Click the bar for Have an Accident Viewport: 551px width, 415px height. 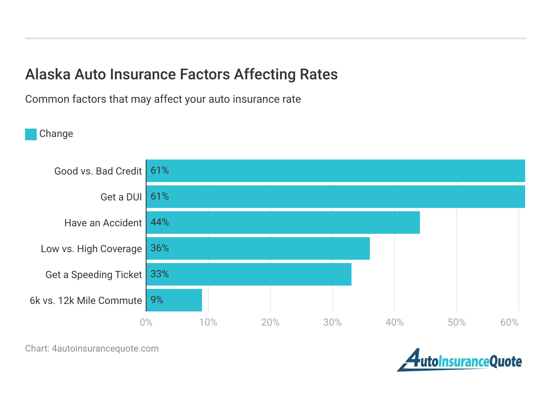[283, 223]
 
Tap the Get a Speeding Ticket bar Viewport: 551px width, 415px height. [249, 274]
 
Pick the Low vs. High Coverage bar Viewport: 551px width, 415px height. [258, 248]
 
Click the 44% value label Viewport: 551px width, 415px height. [159, 222]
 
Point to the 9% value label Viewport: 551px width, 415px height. [157, 300]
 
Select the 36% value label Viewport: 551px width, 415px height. [159, 248]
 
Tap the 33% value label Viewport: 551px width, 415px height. [159, 274]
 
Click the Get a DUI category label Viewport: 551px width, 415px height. [121, 197]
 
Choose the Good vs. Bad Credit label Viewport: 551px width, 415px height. [98, 171]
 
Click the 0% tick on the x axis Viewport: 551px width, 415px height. [146, 322]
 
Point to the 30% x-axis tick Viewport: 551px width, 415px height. [332, 322]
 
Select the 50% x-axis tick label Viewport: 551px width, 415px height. [456, 322]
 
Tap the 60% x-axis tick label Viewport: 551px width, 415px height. [509, 322]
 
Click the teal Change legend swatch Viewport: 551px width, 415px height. [31, 134]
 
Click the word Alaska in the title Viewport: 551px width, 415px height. [48, 74]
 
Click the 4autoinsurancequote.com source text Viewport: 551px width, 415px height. [105, 349]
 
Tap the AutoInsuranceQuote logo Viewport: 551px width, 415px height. [459, 360]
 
